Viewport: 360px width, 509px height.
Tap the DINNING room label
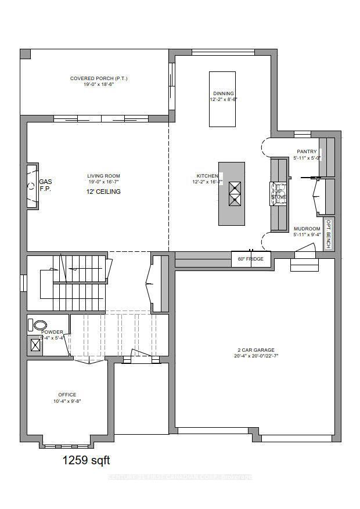(223, 93)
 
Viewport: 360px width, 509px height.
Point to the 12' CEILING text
(104, 192)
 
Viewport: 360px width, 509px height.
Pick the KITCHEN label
(207, 176)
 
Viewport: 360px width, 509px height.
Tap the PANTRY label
(307, 151)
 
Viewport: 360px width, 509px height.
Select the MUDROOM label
(307, 229)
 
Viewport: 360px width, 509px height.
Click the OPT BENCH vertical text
(329, 234)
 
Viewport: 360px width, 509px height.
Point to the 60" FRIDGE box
(251, 259)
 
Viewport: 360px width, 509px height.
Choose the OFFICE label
(67, 395)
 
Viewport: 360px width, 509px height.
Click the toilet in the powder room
(39, 325)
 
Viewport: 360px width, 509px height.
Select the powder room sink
(35, 346)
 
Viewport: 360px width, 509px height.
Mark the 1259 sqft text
(86, 461)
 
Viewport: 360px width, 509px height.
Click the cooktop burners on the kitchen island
(235, 194)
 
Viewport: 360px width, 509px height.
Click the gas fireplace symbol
(31, 186)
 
